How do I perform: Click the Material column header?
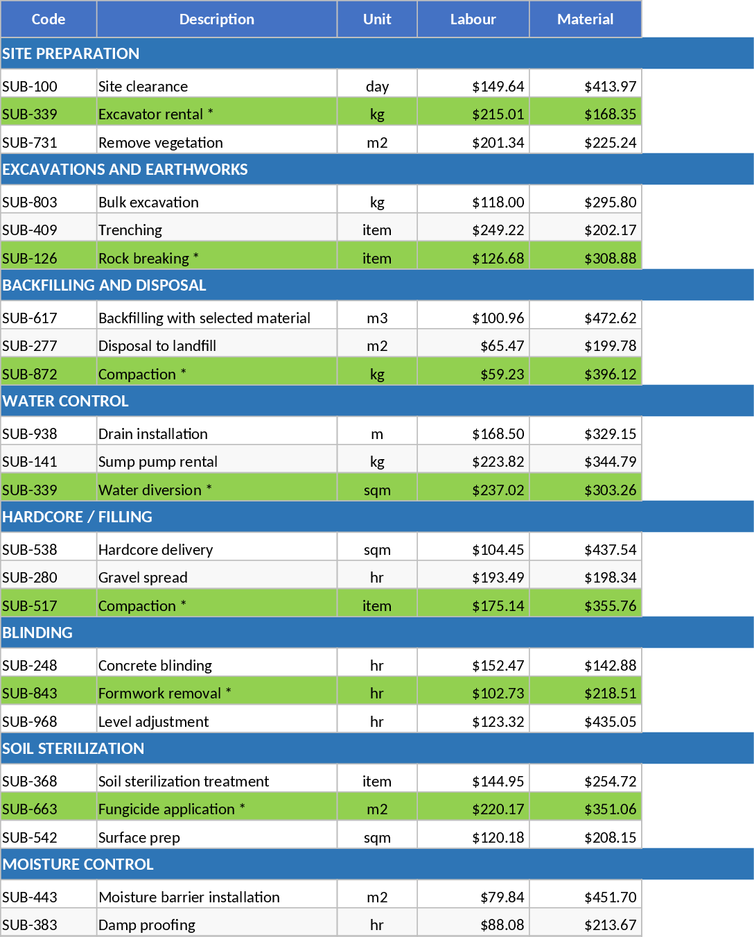tap(585, 19)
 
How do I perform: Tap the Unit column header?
tap(377, 19)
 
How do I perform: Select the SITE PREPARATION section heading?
tap(71, 53)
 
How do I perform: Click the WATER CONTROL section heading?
tap(66, 401)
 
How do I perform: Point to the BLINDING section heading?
tap(37, 633)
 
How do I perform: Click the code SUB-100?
tap(30, 87)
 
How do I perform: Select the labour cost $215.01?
tap(498, 114)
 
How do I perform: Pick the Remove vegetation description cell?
tap(161, 143)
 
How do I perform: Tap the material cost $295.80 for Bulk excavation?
tap(610, 203)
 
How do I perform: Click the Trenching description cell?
tap(130, 230)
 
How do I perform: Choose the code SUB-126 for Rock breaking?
tap(30, 259)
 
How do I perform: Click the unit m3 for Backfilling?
tap(377, 318)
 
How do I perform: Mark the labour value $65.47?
tap(502, 346)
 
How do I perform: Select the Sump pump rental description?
tap(158, 462)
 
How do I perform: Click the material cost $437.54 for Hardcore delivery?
tap(610, 550)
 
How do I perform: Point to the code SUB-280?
tap(30, 578)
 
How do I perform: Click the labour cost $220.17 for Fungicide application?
tap(498, 809)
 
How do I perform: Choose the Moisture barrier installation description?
tap(189, 897)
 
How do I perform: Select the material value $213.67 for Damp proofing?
tap(610, 925)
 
